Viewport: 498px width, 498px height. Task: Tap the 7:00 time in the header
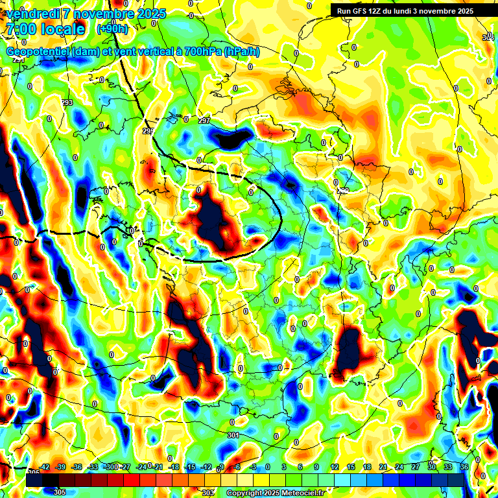[20, 30]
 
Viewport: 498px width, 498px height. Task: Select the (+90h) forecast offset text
[112, 29]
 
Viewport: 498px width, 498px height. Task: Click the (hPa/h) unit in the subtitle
[241, 52]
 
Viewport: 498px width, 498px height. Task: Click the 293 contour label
[67, 103]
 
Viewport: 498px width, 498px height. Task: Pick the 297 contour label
[204, 121]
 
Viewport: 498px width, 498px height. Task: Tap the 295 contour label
[148, 132]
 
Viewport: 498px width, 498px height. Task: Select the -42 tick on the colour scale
[45, 467]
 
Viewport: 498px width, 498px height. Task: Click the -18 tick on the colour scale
[173, 467]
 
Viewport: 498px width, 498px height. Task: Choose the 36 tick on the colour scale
[464, 467]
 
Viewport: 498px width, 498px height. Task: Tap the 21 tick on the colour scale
[383, 467]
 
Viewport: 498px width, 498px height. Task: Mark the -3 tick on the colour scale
[254, 467]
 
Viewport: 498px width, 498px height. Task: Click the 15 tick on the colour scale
[351, 467]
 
